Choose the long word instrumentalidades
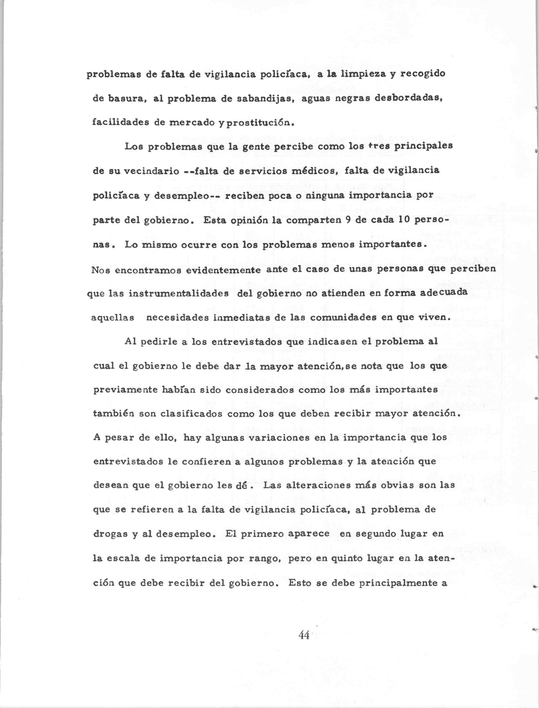(x=179, y=294)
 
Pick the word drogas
(x=108, y=534)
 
